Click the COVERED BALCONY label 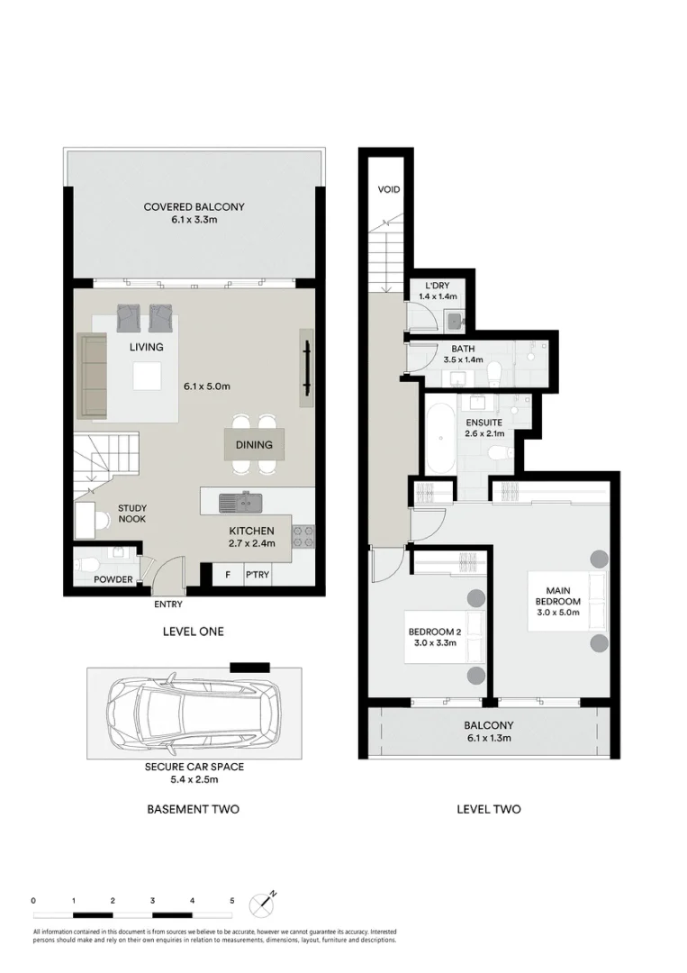[194, 207]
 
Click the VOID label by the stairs [389, 190]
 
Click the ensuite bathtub [440, 441]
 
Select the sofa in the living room [92, 375]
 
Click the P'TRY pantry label [258, 573]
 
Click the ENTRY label [167, 605]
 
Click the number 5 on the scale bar [232, 901]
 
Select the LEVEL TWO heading [488, 809]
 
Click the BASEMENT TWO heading [193, 809]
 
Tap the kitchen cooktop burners [304, 538]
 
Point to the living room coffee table [148, 376]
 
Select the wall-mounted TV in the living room [307, 368]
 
